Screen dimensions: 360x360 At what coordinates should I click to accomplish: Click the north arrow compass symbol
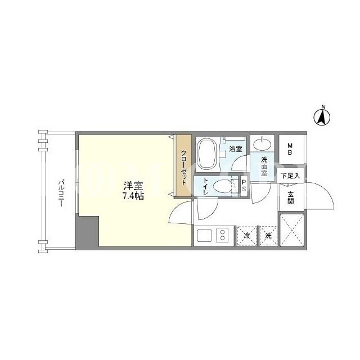(322, 117)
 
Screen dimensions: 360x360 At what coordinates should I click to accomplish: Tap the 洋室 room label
(133, 186)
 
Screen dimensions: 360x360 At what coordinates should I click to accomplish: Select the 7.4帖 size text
(133, 196)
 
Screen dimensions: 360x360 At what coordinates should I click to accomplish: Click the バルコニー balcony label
(61, 193)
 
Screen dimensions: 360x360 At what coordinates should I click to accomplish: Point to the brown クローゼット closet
(184, 165)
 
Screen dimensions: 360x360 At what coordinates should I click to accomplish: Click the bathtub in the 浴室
(207, 154)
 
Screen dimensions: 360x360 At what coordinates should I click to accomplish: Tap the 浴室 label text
(236, 148)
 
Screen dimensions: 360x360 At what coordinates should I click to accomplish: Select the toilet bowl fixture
(223, 186)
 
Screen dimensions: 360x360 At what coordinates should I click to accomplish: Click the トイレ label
(205, 187)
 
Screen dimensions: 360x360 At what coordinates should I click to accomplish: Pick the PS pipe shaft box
(244, 186)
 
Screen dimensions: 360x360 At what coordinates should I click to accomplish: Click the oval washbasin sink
(263, 144)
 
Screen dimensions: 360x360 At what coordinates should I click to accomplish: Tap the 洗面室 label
(264, 166)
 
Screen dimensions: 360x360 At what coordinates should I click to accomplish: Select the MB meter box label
(290, 149)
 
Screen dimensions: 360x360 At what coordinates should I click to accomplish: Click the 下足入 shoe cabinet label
(290, 176)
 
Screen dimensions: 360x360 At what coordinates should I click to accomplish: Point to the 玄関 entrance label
(290, 197)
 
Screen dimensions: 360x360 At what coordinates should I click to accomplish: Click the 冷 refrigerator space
(247, 236)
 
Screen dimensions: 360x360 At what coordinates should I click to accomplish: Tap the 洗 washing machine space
(268, 236)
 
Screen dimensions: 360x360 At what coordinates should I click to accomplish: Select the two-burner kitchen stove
(222, 235)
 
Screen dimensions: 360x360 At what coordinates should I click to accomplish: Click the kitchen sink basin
(204, 235)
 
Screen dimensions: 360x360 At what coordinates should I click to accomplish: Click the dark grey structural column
(88, 231)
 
